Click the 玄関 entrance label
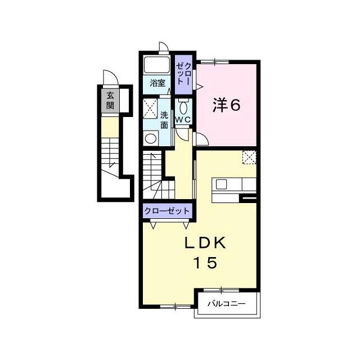click(110, 101)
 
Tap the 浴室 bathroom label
click(157, 83)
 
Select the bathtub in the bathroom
click(156, 65)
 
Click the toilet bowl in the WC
click(183, 107)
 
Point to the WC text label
click(183, 119)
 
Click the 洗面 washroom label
click(164, 120)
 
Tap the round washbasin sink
click(151, 138)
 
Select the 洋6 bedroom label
click(226, 105)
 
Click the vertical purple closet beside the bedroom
click(183, 75)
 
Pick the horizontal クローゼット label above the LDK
click(167, 211)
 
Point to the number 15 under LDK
click(205, 263)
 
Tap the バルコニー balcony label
click(227, 304)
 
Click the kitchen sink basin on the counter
click(221, 184)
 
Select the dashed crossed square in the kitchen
click(249, 157)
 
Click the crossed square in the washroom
click(150, 108)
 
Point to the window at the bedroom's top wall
click(215, 61)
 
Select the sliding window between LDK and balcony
click(221, 290)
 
